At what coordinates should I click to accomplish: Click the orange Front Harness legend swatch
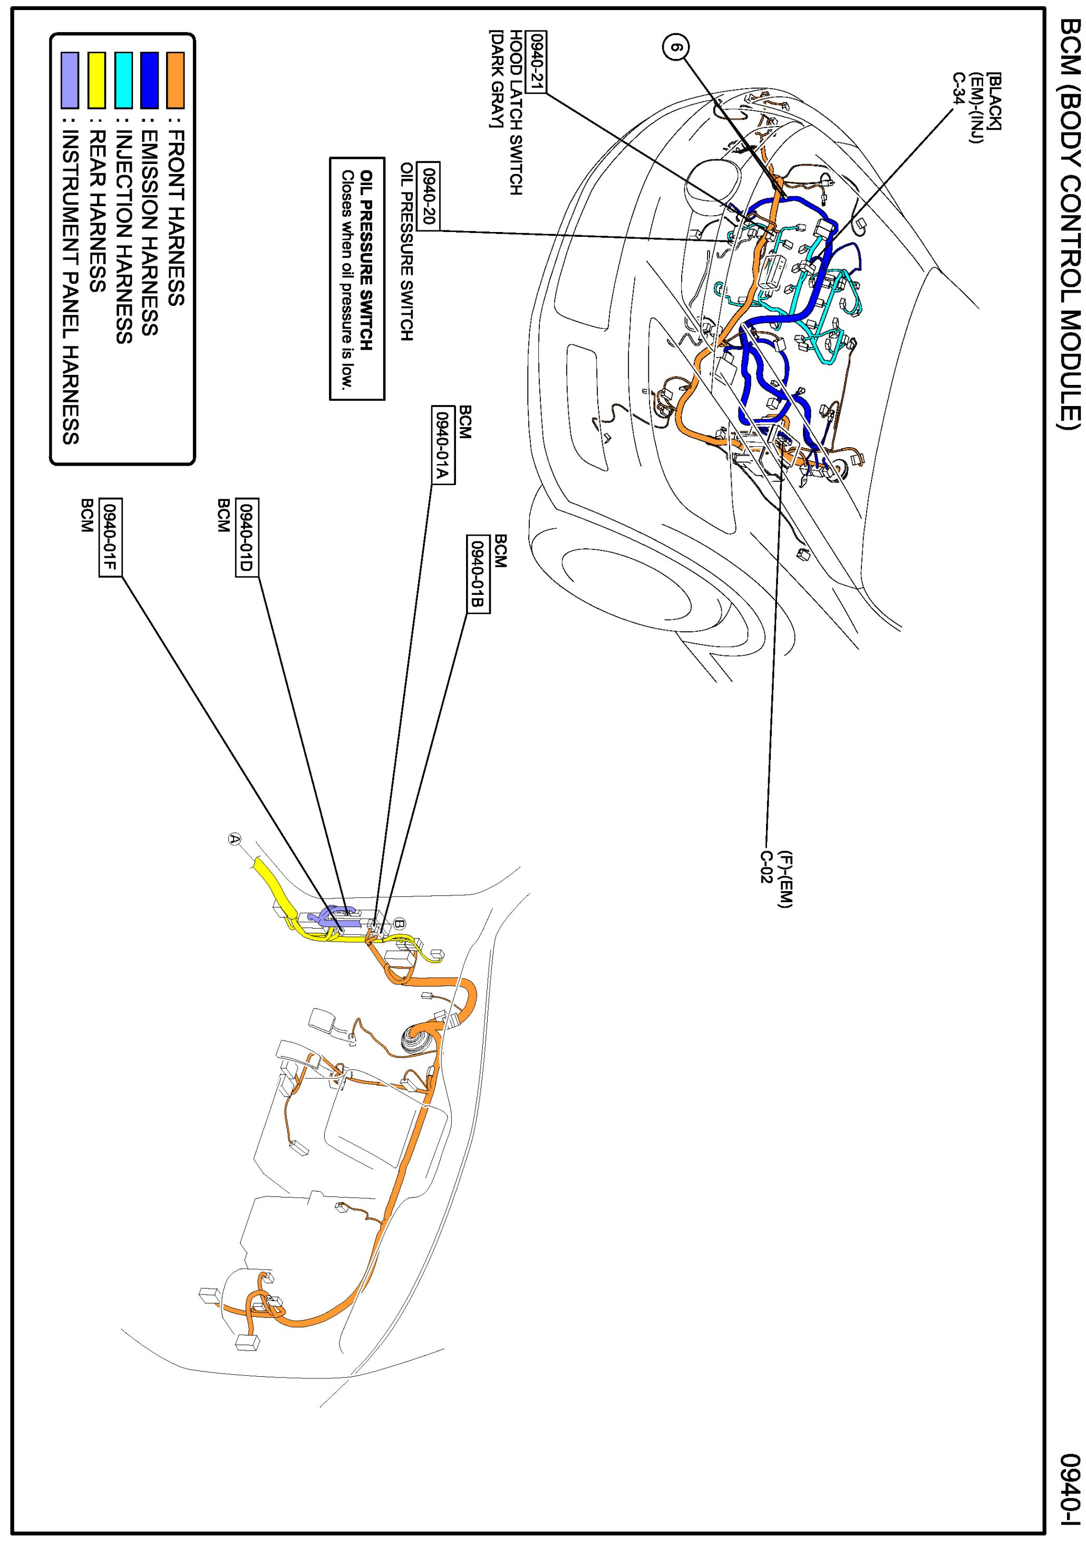click(176, 80)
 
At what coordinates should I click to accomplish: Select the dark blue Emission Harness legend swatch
click(149, 80)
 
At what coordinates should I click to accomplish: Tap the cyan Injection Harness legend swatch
click(123, 80)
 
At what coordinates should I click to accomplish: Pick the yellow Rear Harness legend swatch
click(97, 80)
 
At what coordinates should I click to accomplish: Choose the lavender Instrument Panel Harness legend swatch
click(70, 80)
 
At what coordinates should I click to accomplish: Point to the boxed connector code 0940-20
click(429, 196)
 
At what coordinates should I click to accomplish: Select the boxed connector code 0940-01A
click(442, 444)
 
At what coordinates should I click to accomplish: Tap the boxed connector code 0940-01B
click(478, 574)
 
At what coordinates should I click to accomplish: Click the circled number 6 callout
click(677, 48)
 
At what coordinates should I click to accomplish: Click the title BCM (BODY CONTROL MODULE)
click(1068, 232)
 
